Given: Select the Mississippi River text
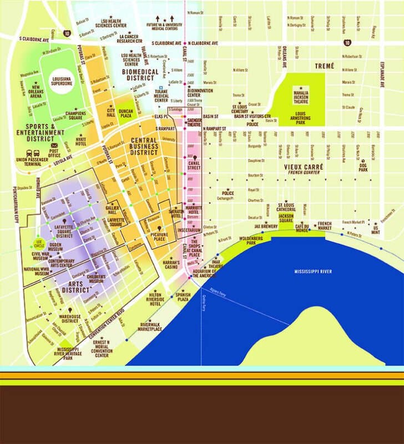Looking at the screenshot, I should (313, 271).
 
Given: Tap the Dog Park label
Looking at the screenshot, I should (363, 167).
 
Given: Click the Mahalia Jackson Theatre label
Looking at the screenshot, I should (301, 94).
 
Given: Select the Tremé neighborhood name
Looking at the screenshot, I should (325, 66).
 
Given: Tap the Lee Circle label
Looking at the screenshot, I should (39, 243).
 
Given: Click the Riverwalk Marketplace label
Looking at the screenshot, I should (150, 327).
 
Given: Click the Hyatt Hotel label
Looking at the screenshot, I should (81, 142).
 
